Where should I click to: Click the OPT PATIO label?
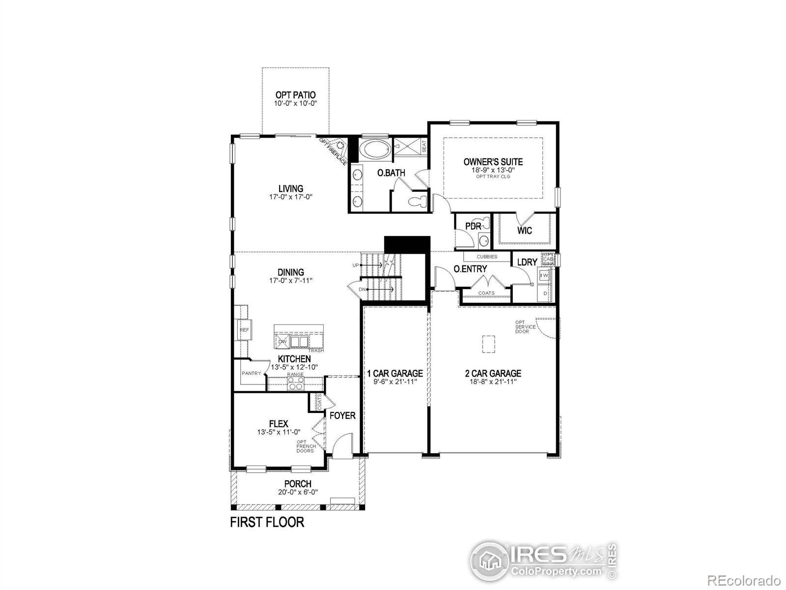(295, 95)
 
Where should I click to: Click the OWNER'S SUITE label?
(493, 162)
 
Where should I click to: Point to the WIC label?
(525, 231)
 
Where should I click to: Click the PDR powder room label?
(473, 227)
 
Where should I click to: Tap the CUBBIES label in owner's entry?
(487, 257)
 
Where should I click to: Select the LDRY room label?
(527, 263)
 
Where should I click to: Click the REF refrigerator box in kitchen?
(244, 330)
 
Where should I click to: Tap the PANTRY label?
(251, 373)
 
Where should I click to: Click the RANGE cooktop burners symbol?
(295, 385)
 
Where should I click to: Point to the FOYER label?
(342, 415)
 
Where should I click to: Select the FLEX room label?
(279, 424)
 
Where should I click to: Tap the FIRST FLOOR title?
(267, 522)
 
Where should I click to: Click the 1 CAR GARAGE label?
(394, 374)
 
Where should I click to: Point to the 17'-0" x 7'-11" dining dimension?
(291, 281)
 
